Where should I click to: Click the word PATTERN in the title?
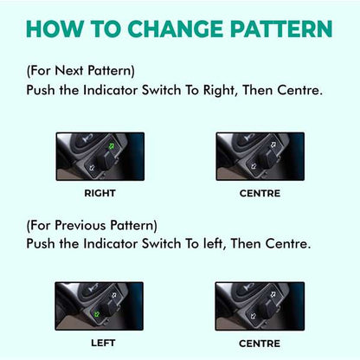[x=281, y=29]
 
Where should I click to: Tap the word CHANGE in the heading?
[x=176, y=29]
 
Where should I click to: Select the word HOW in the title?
[x=55, y=29]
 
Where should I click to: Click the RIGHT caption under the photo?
[x=100, y=193]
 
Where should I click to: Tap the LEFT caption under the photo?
[x=103, y=343]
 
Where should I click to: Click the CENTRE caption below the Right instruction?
[x=260, y=193]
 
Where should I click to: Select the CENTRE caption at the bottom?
[x=260, y=344]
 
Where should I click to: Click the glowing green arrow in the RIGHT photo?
[x=112, y=146]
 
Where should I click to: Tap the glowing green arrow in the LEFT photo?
[x=96, y=314]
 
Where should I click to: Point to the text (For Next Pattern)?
[x=80, y=71]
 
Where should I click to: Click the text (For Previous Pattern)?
[x=92, y=226]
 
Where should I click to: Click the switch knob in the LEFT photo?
[x=106, y=308]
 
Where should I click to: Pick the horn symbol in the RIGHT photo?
[x=87, y=138]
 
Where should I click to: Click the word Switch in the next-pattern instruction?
[x=161, y=90]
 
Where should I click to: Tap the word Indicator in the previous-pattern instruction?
[x=110, y=244]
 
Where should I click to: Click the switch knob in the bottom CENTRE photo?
[x=266, y=309]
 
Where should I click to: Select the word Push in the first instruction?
[x=41, y=90]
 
